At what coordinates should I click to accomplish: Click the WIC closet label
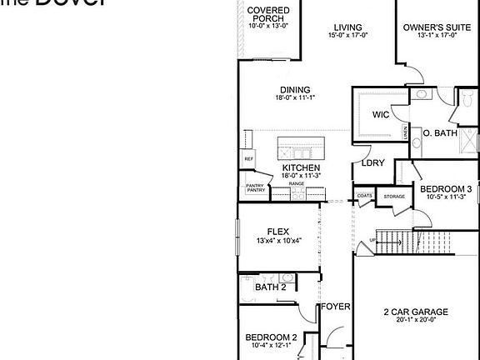[x=381, y=114]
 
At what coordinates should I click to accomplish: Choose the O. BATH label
[x=440, y=132]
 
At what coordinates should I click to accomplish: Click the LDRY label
[x=372, y=163]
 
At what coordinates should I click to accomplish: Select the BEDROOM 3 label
[x=446, y=189]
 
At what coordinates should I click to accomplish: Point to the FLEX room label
[x=277, y=232]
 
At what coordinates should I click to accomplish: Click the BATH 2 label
[x=271, y=287]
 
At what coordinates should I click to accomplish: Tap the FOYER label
[x=337, y=306]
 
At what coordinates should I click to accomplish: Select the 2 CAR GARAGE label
[x=416, y=312]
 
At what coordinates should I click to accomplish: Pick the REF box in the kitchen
[x=248, y=158]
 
